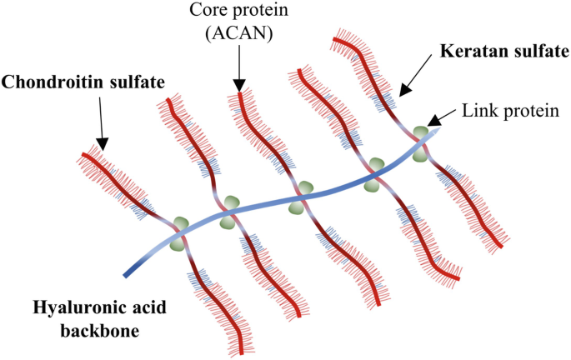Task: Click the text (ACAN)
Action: (x=239, y=32)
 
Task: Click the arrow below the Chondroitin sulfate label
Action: (x=99, y=124)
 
